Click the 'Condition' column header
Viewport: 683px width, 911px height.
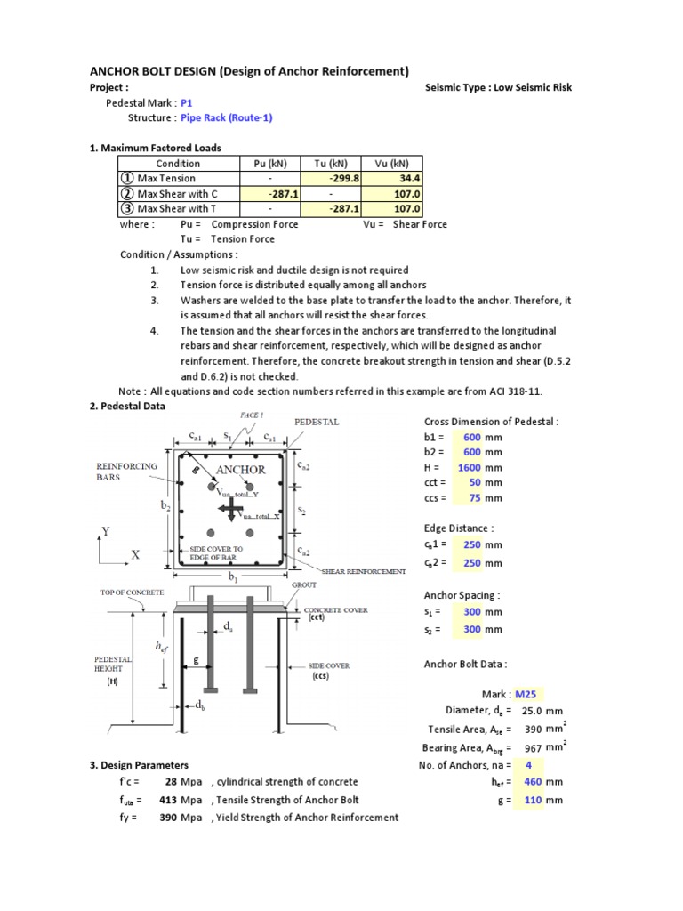[178, 163]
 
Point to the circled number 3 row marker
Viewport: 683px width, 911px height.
[128, 209]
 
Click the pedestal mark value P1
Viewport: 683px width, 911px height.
[186, 102]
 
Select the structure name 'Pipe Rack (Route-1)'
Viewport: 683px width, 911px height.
[226, 117]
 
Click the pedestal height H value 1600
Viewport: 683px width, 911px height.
[469, 467]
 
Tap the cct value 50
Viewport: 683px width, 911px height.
[473, 482]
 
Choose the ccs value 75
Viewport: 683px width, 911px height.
[473, 497]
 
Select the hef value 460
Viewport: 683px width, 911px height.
[530, 782]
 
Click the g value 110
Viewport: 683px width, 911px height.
[530, 800]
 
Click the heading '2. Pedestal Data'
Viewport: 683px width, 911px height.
[127, 407]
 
